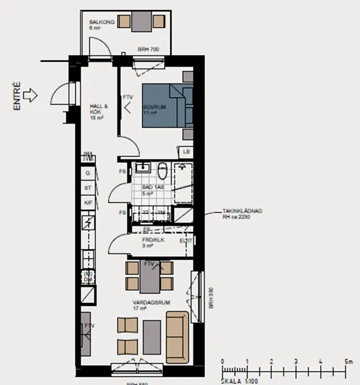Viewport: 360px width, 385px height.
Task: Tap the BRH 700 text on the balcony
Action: coord(149,49)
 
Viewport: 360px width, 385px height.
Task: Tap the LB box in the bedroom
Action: coord(187,152)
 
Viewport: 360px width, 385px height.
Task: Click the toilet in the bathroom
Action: coord(163,171)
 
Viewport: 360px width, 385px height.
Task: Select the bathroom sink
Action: coord(143,169)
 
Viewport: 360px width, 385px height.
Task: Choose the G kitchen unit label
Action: coord(88,173)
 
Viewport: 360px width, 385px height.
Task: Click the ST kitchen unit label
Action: coord(88,188)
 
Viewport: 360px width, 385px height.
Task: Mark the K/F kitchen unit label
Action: coord(88,202)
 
